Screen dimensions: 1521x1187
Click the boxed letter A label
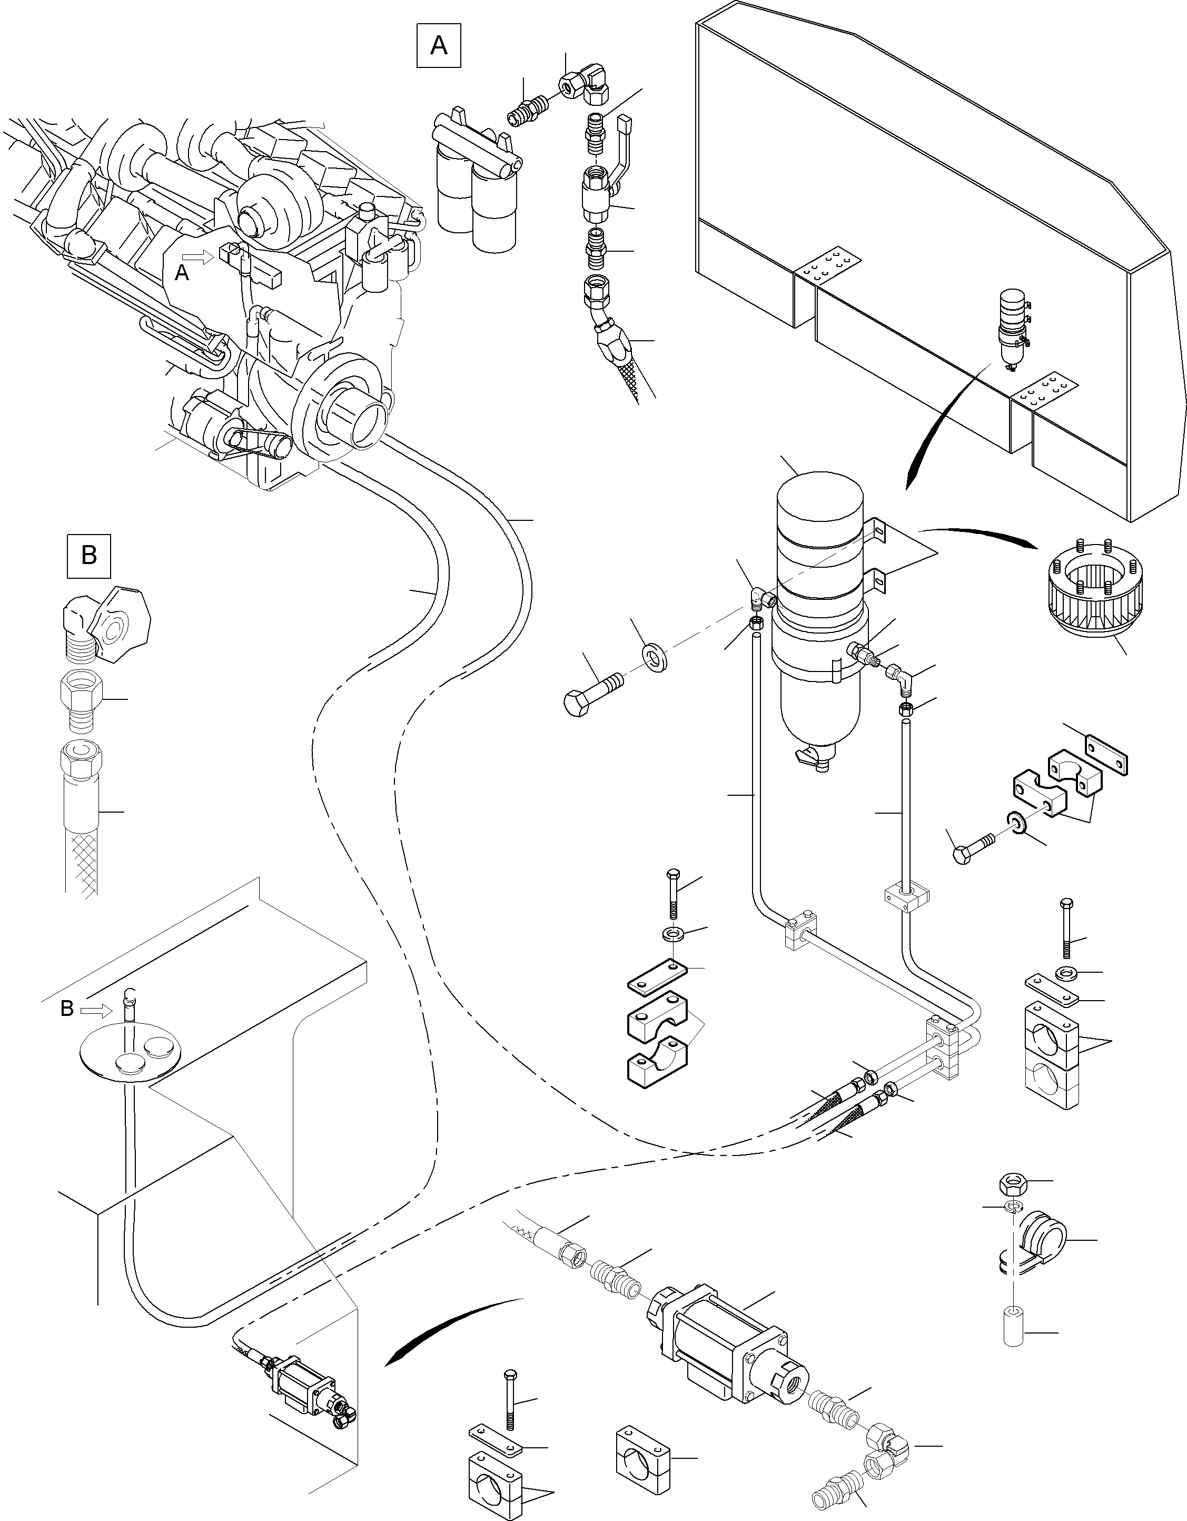(x=439, y=46)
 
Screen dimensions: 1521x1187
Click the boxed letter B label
(x=89, y=556)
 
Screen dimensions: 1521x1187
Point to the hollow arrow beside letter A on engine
(x=201, y=258)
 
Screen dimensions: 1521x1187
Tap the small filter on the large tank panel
(x=1013, y=328)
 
